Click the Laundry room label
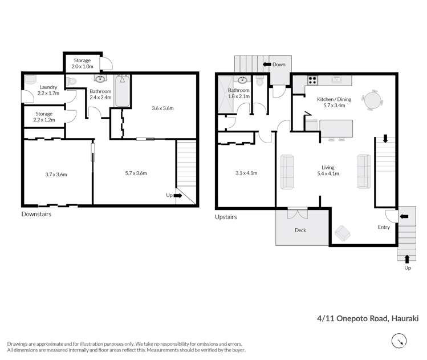[48, 90]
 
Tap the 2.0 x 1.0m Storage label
[82, 63]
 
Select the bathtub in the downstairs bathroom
[122, 91]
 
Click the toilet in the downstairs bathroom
[71, 81]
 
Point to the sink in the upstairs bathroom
[242, 80]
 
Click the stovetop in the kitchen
[312, 80]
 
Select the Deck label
[300, 230]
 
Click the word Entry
[384, 227]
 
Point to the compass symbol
[399, 341]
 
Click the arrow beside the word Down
[267, 64]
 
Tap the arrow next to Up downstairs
[177, 195]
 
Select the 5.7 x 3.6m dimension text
[136, 173]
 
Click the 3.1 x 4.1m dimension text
[246, 173]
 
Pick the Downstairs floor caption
[36, 214]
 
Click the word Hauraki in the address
[405, 318]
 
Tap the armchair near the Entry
[342, 233]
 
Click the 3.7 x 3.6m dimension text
[56, 175]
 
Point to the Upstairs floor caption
[226, 217]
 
